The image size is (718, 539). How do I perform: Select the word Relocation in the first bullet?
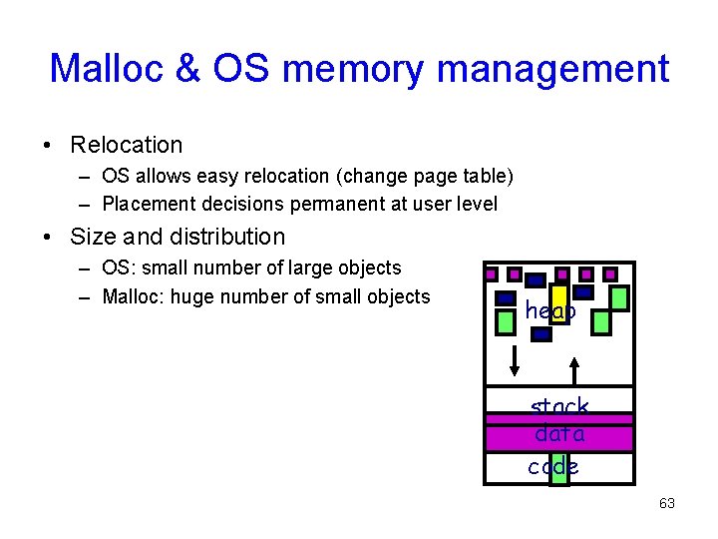coord(127,145)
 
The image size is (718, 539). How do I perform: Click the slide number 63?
coord(666,503)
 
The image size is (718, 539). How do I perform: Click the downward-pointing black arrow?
coord(515,360)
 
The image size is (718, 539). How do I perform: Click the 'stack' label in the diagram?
coord(559,407)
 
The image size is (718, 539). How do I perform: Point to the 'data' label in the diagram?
coord(559,435)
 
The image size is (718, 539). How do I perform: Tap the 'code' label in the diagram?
coord(553,466)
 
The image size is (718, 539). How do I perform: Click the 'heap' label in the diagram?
coord(550,311)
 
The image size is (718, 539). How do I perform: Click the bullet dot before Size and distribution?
coord(47,238)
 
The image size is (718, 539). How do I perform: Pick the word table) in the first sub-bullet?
coord(488,176)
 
